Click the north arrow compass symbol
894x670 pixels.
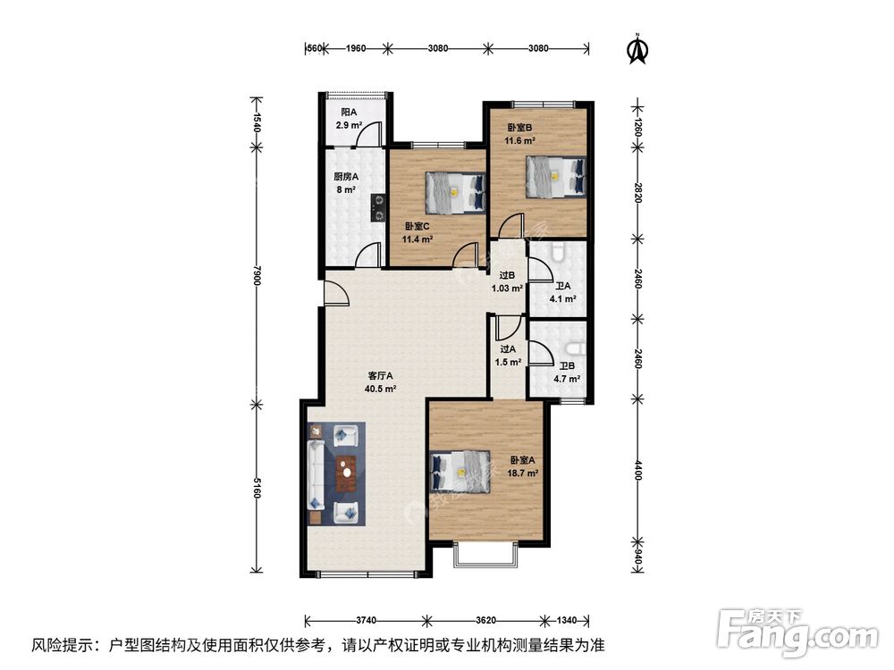tap(637, 49)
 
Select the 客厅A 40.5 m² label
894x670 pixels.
tap(380, 382)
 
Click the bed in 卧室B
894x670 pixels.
tap(554, 175)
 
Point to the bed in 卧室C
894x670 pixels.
tap(454, 190)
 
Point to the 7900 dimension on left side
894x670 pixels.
tap(256, 279)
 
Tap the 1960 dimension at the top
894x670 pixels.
tap(355, 48)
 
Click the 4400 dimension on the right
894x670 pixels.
tap(637, 470)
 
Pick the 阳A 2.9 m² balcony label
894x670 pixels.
tap(349, 119)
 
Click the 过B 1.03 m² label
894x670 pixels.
tap(507, 283)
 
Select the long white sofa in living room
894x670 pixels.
tap(316, 473)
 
